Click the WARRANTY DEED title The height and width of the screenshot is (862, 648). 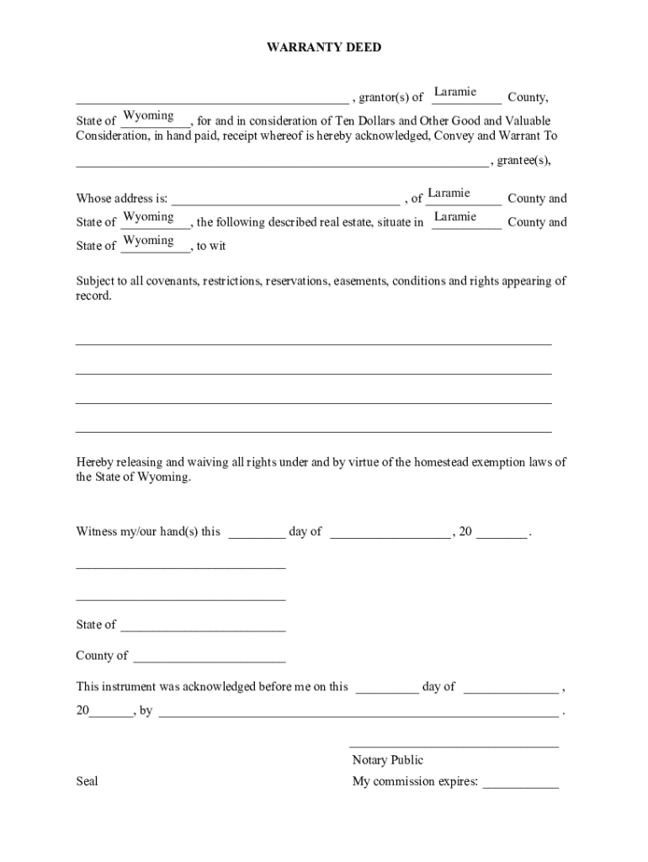[x=324, y=48]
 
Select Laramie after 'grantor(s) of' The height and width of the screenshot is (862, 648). [x=455, y=92]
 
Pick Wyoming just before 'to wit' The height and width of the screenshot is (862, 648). [x=149, y=241]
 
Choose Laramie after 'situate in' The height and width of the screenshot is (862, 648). [x=455, y=217]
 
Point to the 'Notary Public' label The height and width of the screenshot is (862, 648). [x=388, y=760]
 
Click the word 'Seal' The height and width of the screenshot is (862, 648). [x=88, y=781]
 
